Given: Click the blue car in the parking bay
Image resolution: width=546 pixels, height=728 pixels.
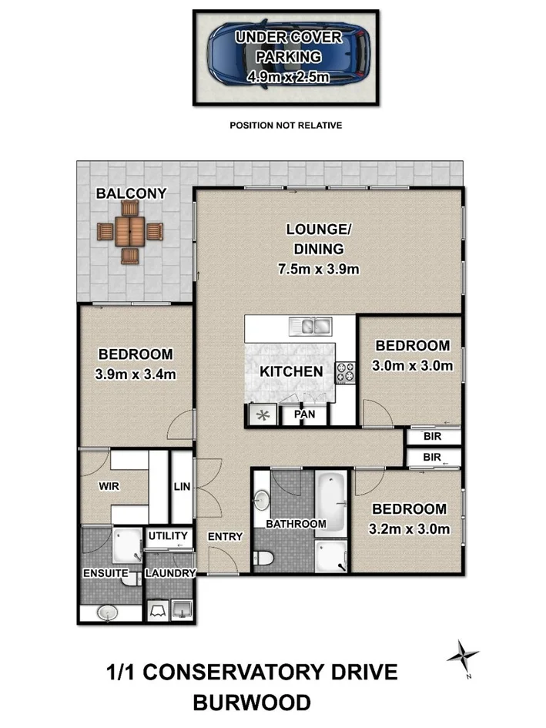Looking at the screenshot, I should [286, 57].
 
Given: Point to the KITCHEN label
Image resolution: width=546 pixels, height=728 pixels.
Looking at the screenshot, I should [290, 371].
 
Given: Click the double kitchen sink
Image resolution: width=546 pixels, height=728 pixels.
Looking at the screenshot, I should [312, 327].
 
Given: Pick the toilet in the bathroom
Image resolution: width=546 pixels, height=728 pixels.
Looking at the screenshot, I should [262, 557].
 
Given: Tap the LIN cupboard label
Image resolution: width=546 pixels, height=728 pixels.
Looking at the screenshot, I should [182, 486].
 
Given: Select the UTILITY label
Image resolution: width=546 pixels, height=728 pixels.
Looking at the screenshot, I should [168, 535].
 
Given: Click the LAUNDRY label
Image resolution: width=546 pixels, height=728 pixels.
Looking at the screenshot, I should [170, 573].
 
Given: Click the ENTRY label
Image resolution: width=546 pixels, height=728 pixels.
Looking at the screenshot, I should [226, 537].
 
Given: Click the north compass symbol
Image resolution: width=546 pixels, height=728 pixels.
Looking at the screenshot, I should [462, 656].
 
